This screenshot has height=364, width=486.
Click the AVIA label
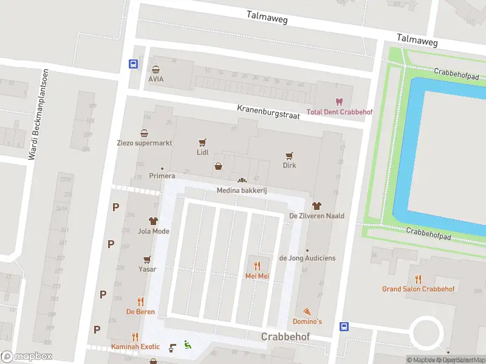tap(156, 79)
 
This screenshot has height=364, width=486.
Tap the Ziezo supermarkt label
tap(145, 143)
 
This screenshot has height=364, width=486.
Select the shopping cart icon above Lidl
tap(202, 143)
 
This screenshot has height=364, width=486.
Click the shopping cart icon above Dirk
tap(289, 155)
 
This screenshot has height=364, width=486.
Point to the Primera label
tap(162, 177)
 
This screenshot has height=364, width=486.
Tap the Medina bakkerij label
tap(242, 190)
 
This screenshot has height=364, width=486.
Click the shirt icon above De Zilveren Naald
tap(316, 206)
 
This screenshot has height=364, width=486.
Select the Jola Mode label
tap(153, 231)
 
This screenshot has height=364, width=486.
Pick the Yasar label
tap(147, 269)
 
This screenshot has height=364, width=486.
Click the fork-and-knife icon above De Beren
tap(140, 302)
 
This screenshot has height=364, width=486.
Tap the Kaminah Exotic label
tap(135, 346)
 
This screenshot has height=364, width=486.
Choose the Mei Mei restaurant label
tap(257, 276)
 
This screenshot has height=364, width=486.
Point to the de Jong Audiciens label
tap(307, 258)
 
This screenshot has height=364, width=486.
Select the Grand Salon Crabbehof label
tap(418, 289)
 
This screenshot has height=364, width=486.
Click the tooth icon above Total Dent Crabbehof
tap(339, 102)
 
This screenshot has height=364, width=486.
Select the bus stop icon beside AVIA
tap(133, 63)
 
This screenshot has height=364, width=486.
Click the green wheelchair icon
tap(188, 345)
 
